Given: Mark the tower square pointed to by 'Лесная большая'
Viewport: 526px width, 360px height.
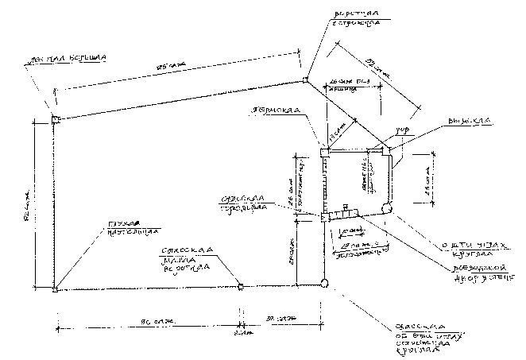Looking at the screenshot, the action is pyautogui.click(x=56, y=119).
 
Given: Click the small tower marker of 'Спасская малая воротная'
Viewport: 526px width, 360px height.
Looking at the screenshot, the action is pyautogui.click(x=241, y=285).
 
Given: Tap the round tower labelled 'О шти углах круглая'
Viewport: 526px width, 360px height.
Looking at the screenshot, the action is pyautogui.click(x=387, y=207).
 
